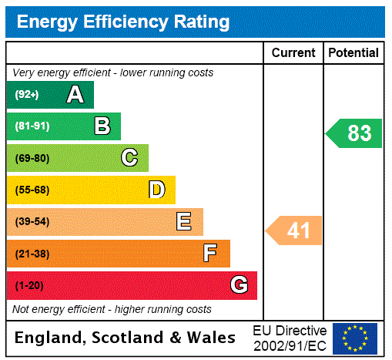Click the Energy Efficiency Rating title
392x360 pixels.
click(x=123, y=22)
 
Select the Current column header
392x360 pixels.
click(x=293, y=53)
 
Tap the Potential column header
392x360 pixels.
click(x=353, y=53)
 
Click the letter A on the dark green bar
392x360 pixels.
click(x=75, y=95)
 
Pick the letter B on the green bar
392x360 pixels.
click(x=102, y=126)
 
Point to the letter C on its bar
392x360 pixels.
click(x=129, y=158)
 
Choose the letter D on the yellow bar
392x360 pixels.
click(x=156, y=190)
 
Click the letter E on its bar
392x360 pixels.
click(x=183, y=222)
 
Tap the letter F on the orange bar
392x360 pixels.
click(x=209, y=254)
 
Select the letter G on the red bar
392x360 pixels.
click(x=239, y=285)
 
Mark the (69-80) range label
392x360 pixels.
click(x=32, y=158)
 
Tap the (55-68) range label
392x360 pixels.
click(x=32, y=190)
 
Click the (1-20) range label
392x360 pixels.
click(x=29, y=286)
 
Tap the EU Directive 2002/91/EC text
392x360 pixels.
click(x=290, y=338)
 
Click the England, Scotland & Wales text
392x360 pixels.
click(x=126, y=338)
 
